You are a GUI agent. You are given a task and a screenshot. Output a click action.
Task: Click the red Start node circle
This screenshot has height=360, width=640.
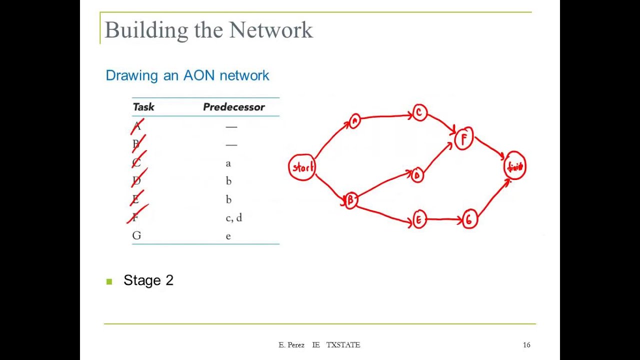pyautogui.click(x=302, y=167)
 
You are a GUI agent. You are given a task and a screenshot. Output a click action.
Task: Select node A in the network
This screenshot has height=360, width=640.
pyautogui.click(x=354, y=121)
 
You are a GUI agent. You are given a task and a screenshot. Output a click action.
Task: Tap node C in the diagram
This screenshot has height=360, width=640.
pyautogui.click(x=419, y=113)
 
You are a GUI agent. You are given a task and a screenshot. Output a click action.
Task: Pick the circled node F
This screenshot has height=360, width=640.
pyautogui.click(x=464, y=139)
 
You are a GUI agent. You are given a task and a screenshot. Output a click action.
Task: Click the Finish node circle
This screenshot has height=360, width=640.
pyautogui.click(x=515, y=166)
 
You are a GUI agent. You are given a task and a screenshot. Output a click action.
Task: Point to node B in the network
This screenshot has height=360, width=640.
pyautogui.click(x=350, y=200)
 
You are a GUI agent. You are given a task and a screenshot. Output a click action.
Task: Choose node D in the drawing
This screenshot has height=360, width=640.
pyautogui.click(x=417, y=175)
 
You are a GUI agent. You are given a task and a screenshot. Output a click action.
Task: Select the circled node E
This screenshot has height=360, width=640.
pyautogui.click(x=419, y=219)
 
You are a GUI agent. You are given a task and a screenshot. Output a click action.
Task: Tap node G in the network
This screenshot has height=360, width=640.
pyautogui.click(x=469, y=219)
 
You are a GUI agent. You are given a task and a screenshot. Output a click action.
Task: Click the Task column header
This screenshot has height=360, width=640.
pyautogui.click(x=143, y=107)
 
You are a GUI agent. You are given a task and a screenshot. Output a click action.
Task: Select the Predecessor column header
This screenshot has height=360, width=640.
pyautogui.click(x=233, y=107)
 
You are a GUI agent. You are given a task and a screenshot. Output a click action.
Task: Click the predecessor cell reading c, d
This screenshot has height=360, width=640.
pyautogui.click(x=233, y=217)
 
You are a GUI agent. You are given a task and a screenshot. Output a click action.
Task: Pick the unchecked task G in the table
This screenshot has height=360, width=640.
pyautogui.click(x=136, y=235)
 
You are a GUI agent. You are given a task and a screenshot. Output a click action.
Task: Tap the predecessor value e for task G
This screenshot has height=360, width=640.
pyautogui.click(x=228, y=236)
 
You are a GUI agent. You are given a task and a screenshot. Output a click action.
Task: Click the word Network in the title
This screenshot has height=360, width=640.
pyautogui.click(x=271, y=30)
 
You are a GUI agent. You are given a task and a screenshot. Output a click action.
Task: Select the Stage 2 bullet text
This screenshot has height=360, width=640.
pyautogui.click(x=148, y=280)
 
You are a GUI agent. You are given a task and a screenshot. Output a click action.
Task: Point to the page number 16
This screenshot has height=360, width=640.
pyautogui.click(x=526, y=345)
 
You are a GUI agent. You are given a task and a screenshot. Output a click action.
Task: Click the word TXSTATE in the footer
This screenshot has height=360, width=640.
pyautogui.click(x=343, y=345)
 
